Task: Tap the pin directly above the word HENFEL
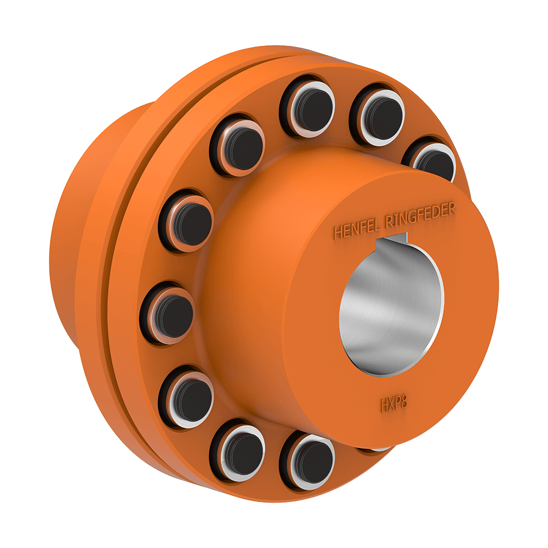[x=377, y=113]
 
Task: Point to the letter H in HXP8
[x=385, y=406]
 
